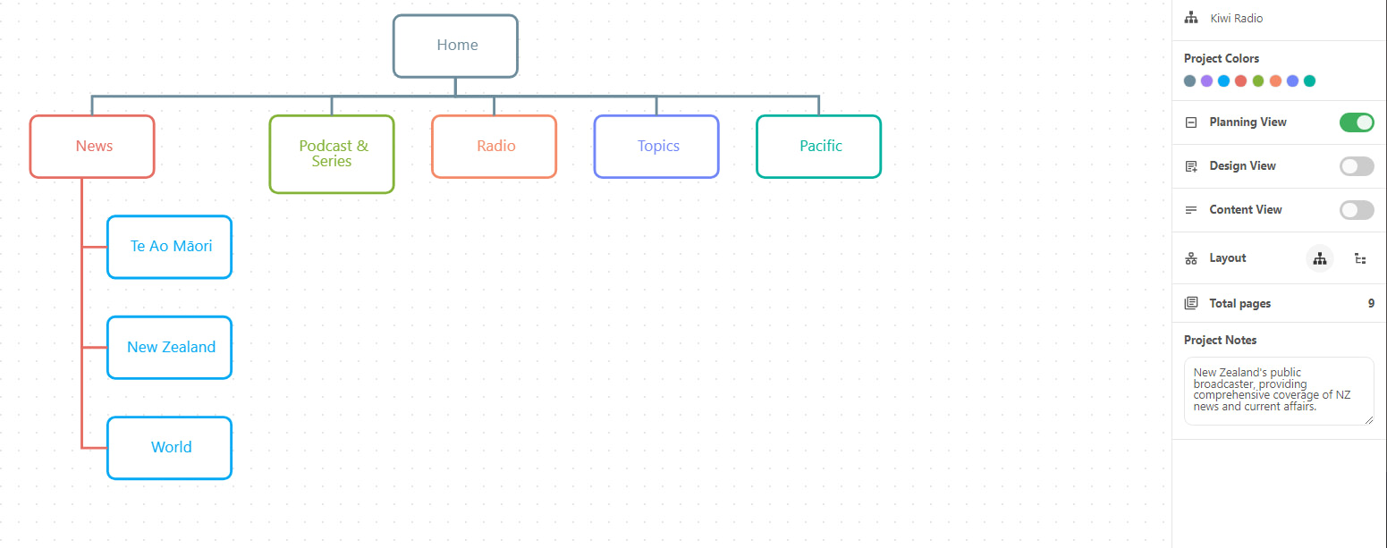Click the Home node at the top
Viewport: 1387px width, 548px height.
(455, 46)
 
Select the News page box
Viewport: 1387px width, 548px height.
(92, 146)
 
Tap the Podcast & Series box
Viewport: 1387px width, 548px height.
(332, 154)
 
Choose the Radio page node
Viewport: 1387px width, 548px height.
(495, 146)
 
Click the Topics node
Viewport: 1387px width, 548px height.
(656, 146)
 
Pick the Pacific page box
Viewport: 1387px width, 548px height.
(818, 146)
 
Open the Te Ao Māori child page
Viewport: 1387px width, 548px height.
(170, 247)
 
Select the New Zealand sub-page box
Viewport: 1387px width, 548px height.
(170, 348)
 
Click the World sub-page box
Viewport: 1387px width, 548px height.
(170, 448)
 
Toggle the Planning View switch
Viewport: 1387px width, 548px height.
(1356, 122)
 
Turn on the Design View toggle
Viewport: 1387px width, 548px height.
(1356, 166)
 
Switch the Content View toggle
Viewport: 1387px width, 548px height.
(1356, 210)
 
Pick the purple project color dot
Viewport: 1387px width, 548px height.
(1207, 81)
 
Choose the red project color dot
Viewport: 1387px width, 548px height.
(1241, 81)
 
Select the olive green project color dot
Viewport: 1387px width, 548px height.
(1258, 81)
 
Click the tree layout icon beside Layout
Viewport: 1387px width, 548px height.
(1320, 258)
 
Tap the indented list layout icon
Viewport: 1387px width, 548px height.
(1360, 258)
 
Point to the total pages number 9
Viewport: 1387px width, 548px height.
(1371, 303)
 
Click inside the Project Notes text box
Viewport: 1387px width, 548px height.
(1279, 391)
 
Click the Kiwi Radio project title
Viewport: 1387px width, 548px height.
(1237, 19)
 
